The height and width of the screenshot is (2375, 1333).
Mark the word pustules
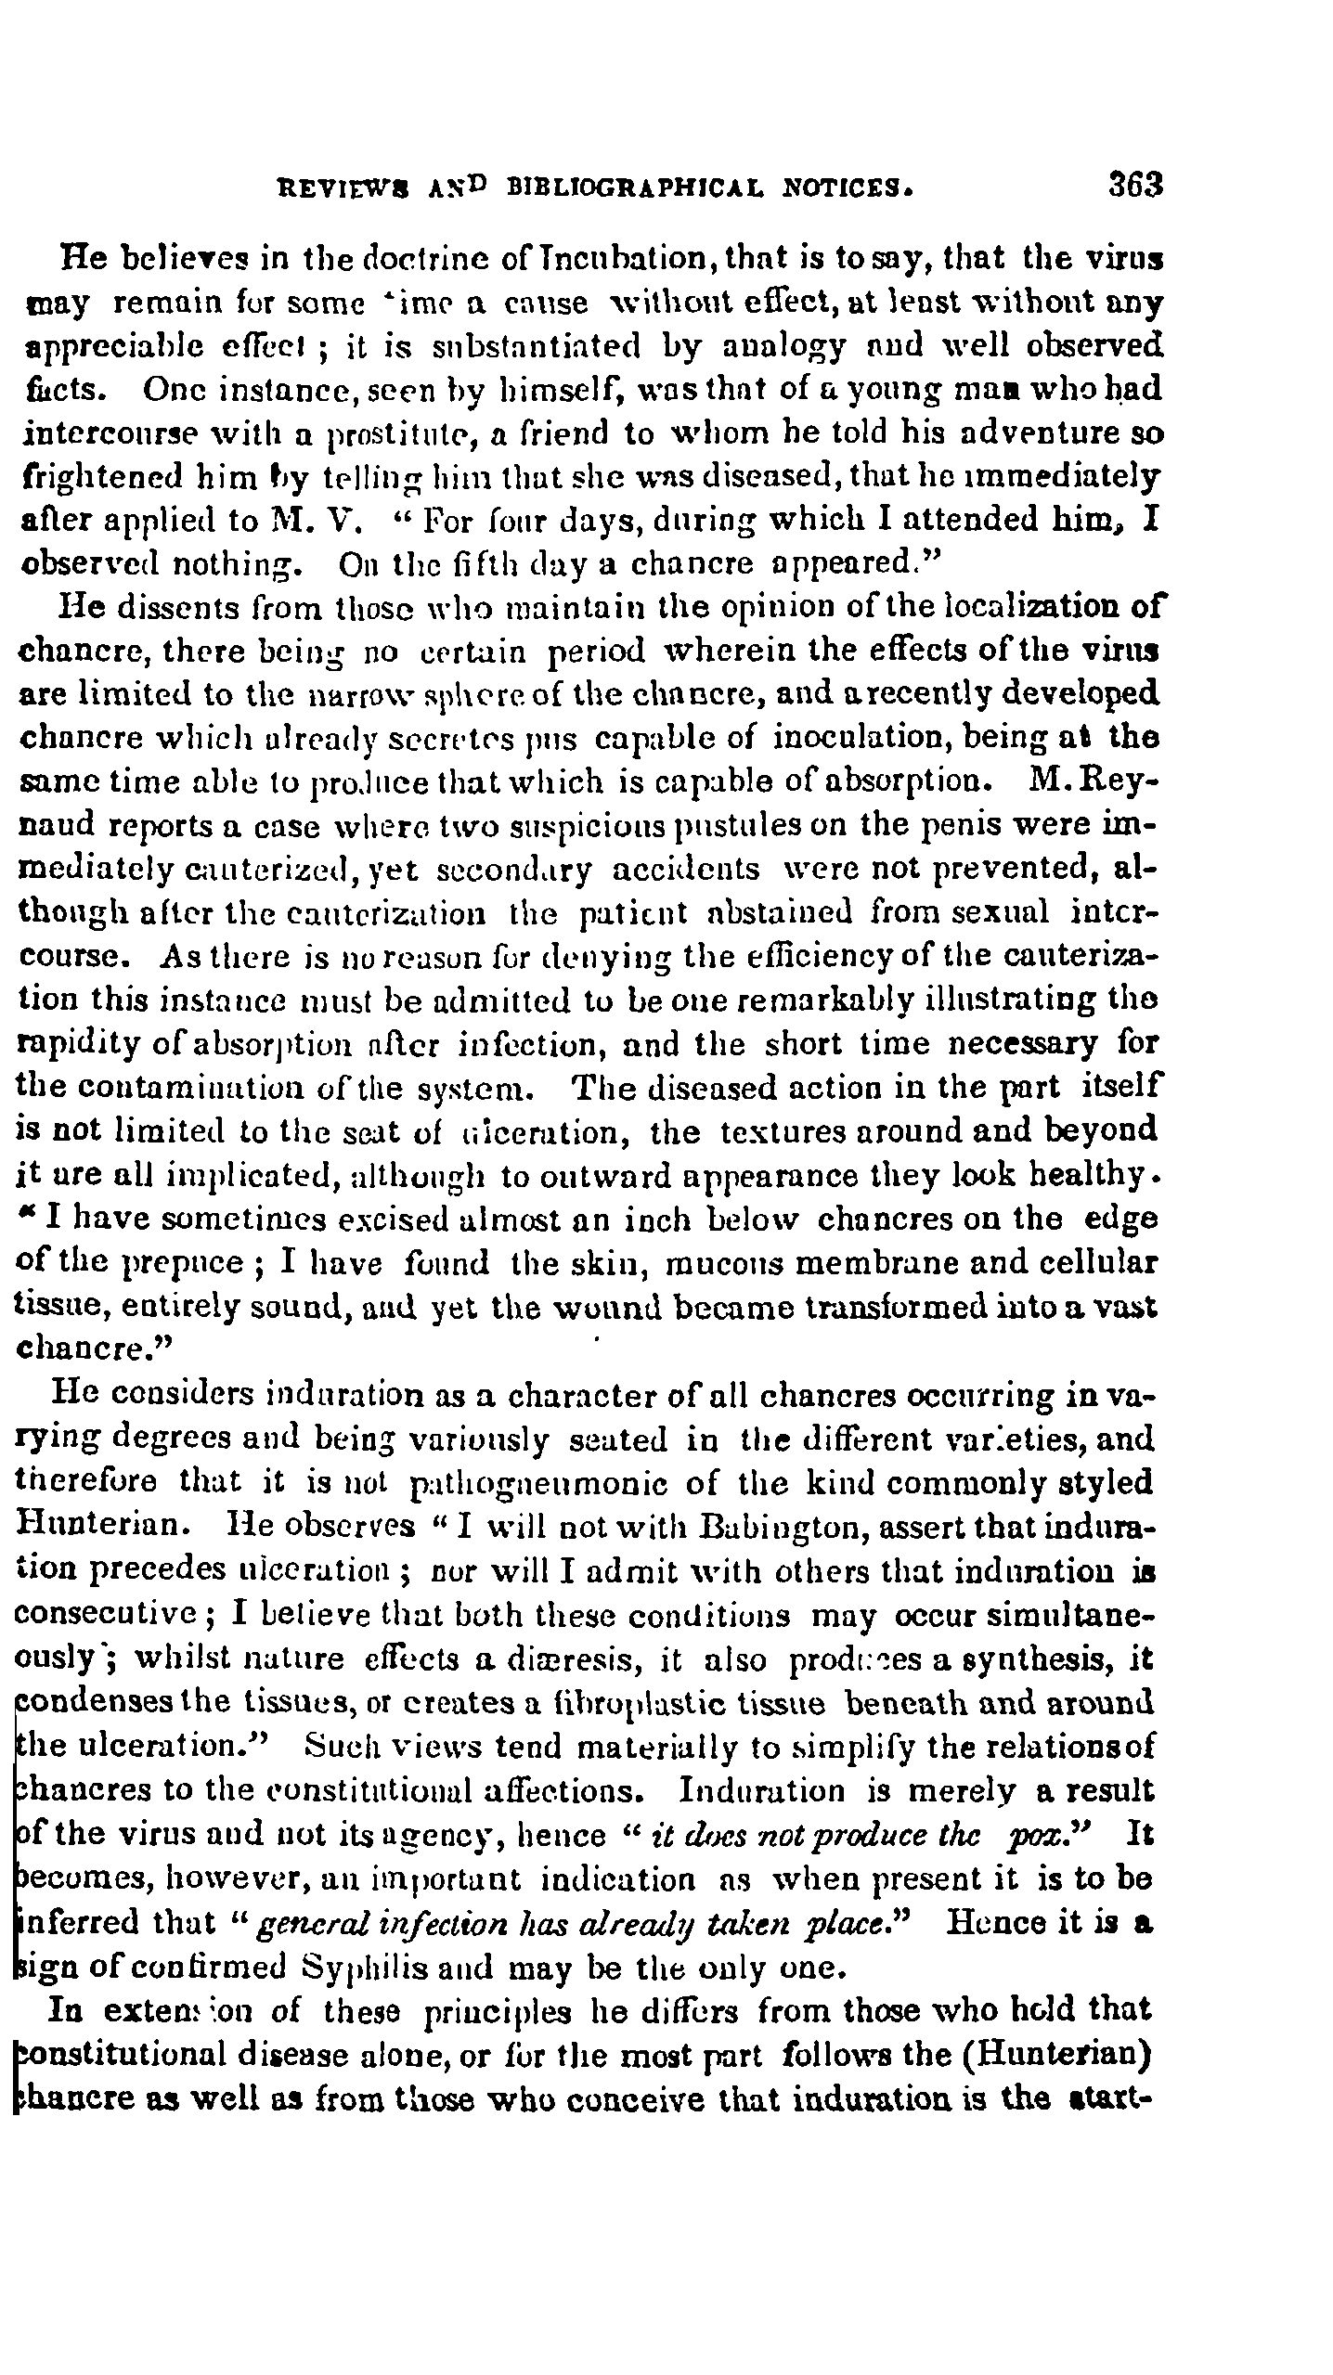(601, 826)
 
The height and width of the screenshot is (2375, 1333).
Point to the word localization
(1038, 608)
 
